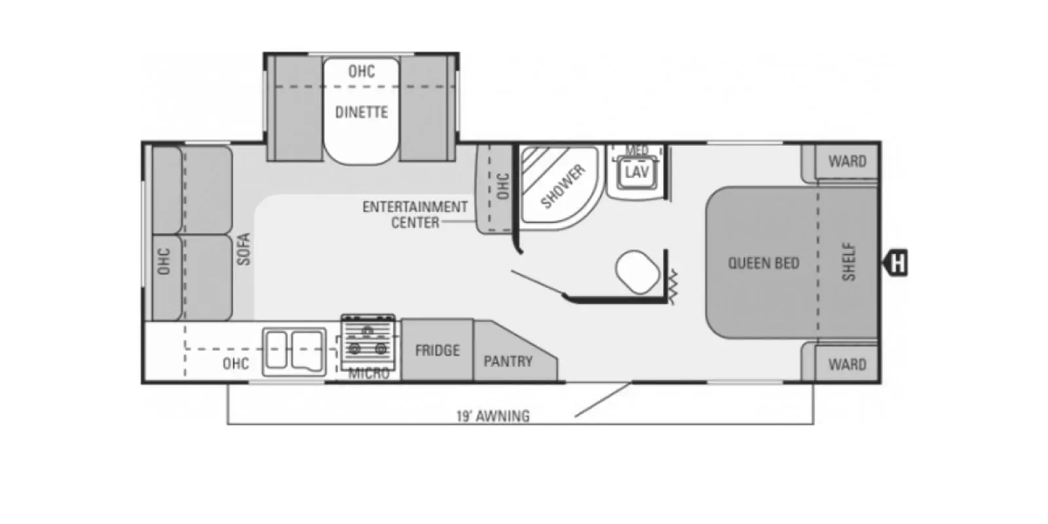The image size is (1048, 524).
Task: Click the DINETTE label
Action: [362, 112]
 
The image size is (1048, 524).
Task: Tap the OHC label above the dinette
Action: [362, 71]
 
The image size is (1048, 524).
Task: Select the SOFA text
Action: [244, 250]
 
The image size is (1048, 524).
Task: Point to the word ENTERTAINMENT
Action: [415, 207]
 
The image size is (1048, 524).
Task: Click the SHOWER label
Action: [563, 186]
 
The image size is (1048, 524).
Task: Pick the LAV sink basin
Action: [637, 173]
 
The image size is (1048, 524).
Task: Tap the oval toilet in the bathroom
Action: [637, 272]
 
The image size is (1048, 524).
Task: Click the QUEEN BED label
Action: [764, 263]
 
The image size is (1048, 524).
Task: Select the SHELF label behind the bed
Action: [849, 261]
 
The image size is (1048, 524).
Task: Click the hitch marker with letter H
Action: [896, 263]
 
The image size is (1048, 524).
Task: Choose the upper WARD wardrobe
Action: [846, 161]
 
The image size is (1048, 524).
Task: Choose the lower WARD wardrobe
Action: [846, 364]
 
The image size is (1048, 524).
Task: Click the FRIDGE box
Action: [437, 350]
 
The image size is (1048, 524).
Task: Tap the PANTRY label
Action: [508, 361]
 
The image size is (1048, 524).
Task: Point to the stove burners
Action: [368, 341]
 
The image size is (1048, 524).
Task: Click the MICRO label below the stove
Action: [369, 373]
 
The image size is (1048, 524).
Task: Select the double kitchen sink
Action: [294, 352]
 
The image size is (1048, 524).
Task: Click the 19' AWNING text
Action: [493, 416]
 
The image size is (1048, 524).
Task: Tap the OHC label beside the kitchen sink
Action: [235, 364]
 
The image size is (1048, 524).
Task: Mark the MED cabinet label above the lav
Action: [637, 150]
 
